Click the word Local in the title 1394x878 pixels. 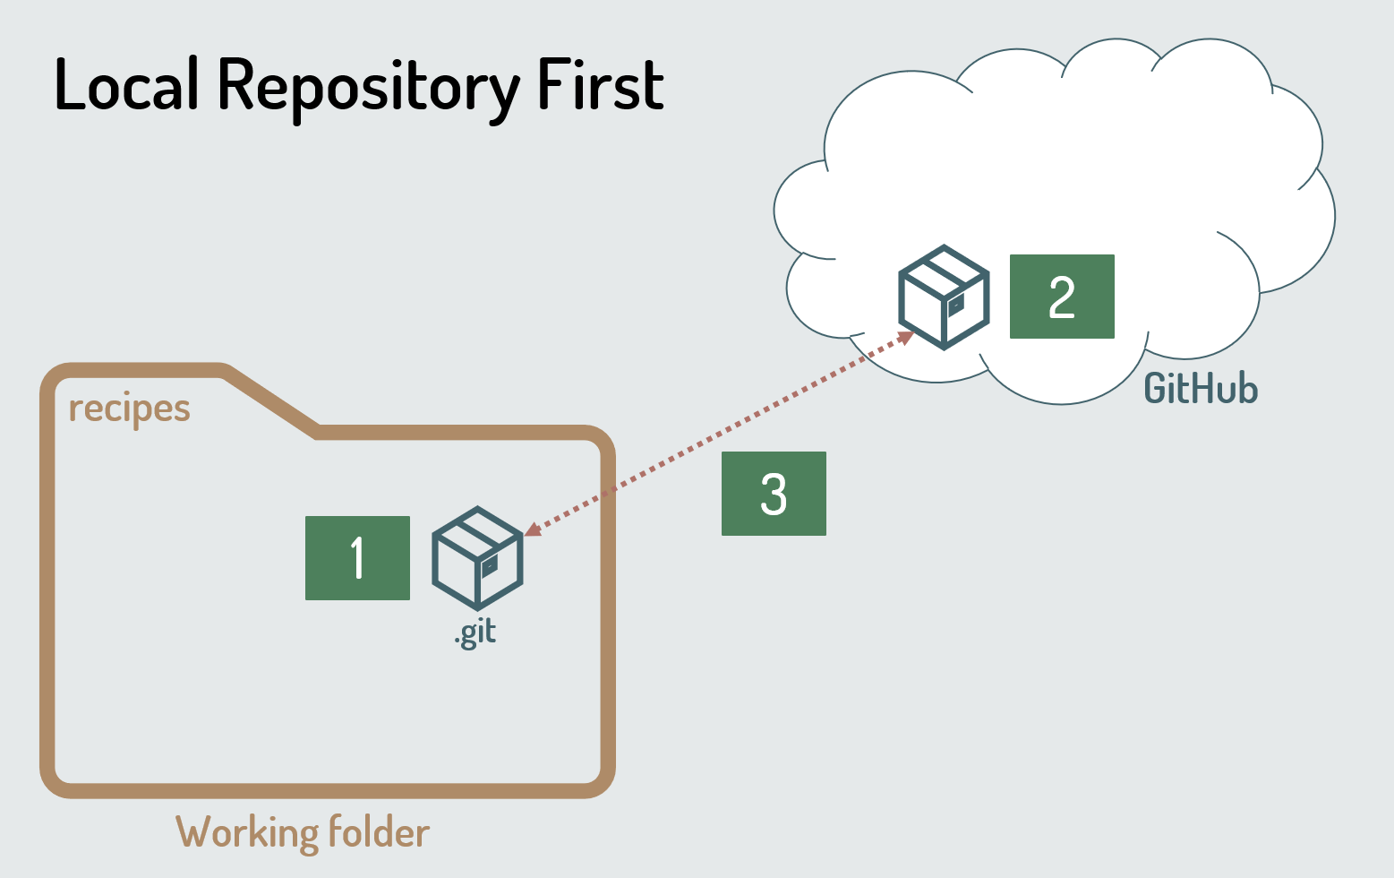pos(126,85)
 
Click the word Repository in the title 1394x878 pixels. pos(368,88)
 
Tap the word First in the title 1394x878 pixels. pos(600,85)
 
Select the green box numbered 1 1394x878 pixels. pos(357,558)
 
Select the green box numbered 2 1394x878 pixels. pos(1062,297)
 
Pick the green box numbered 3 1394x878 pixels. pos(774,494)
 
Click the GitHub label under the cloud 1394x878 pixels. pos(1201,389)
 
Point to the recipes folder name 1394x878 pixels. pos(130,409)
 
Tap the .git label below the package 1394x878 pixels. pos(475,633)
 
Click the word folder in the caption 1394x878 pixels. pos(379,832)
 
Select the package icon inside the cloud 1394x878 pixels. pos(944,297)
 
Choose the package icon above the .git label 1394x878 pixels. pos(477,558)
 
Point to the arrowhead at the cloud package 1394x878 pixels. pos(906,338)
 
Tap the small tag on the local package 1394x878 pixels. pos(490,566)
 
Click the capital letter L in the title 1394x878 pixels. pos(69,85)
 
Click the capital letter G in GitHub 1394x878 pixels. pos(1158,389)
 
